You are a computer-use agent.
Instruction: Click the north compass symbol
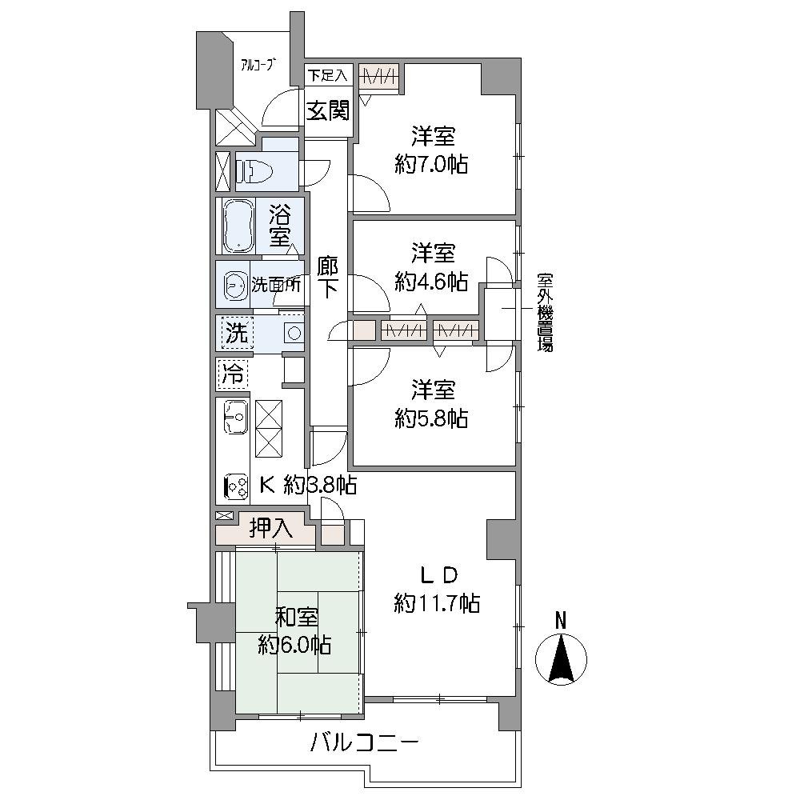point(561,657)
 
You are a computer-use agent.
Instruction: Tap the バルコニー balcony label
point(365,744)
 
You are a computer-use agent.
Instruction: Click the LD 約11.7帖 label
point(438,589)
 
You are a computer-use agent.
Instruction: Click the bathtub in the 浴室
point(238,226)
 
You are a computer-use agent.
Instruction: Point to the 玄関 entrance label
point(328,110)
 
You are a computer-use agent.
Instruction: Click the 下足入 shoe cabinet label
point(328,76)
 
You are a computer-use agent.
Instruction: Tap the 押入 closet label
point(270,528)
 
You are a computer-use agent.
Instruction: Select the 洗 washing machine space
point(235,333)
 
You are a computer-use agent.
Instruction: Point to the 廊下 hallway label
point(327,277)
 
